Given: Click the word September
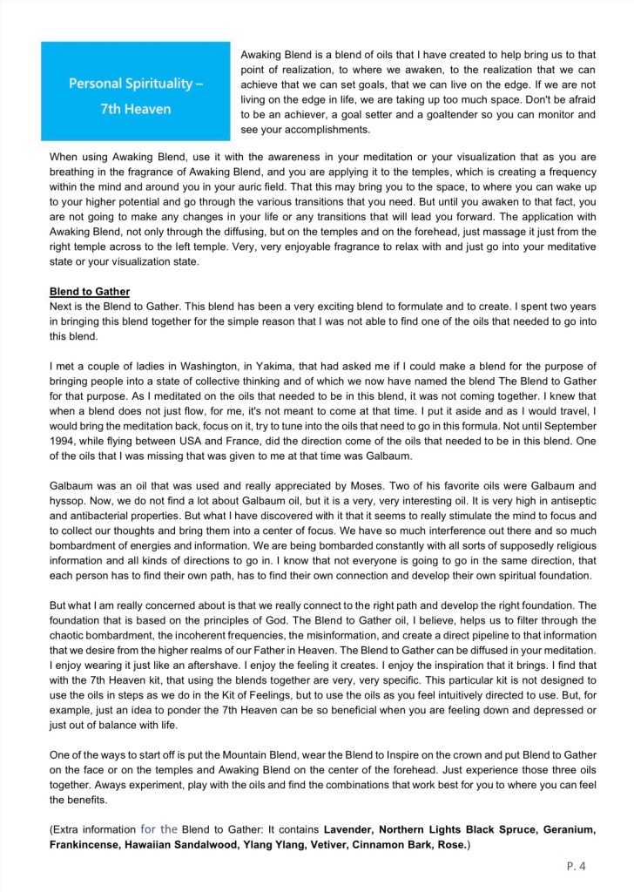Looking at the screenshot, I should click(x=569, y=425).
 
